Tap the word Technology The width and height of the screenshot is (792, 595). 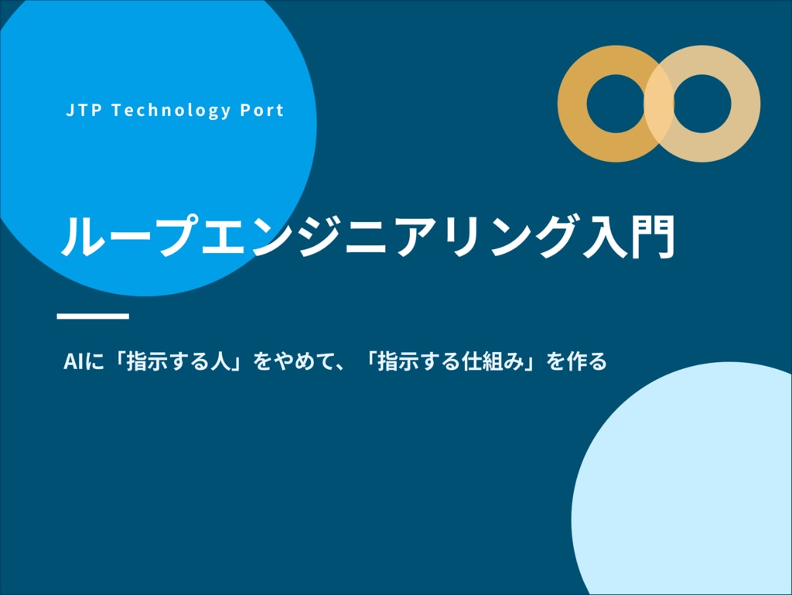pyautogui.click(x=171, y=111)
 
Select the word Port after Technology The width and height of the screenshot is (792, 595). pyautogui.click(x=261, y=110)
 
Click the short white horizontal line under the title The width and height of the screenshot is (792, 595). pyautogui.click(x=93, y=316)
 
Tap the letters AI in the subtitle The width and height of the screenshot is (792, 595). pyautogui.click(x=73, y=361)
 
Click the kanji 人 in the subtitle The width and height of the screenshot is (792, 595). pyautogui.click(x=220, y=361)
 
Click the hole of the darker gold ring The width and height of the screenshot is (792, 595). pyautogui.click(x=616, y=104)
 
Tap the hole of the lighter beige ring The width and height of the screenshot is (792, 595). pyautogui.click(x=702, y=104)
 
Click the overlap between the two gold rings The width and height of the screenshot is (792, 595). pyautogui.click(x=659, y=104)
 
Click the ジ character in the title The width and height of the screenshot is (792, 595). pyautogui.click(x=318, y=235)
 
